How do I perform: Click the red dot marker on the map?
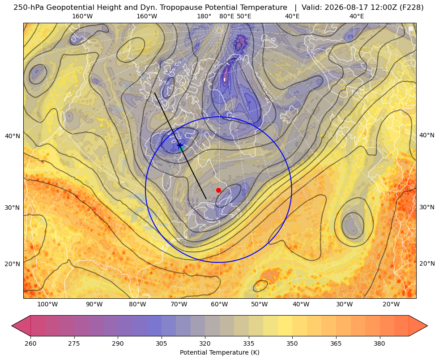click(218, 190)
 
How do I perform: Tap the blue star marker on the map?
click(180, 145)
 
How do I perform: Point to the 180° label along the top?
click(204, 16)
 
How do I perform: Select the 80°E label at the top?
click(226, 16)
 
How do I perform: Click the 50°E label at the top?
click(244, 16)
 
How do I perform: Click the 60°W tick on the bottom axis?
click(219, 304)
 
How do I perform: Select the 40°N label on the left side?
click(13, 136)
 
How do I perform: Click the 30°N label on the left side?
click(13, 208)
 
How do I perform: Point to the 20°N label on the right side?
click(427, 263)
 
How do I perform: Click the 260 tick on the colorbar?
click(30, 343)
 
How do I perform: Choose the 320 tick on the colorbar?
click(205, 343)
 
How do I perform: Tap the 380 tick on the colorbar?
click(379, 343)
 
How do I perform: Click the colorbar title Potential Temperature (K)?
click(219, 352)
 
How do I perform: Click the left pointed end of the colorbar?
click(12, 326)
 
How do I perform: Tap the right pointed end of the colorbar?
click(427, 326)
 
